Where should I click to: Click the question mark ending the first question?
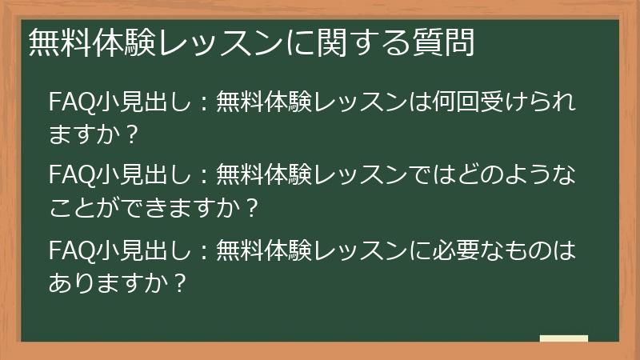click(133, 134)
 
